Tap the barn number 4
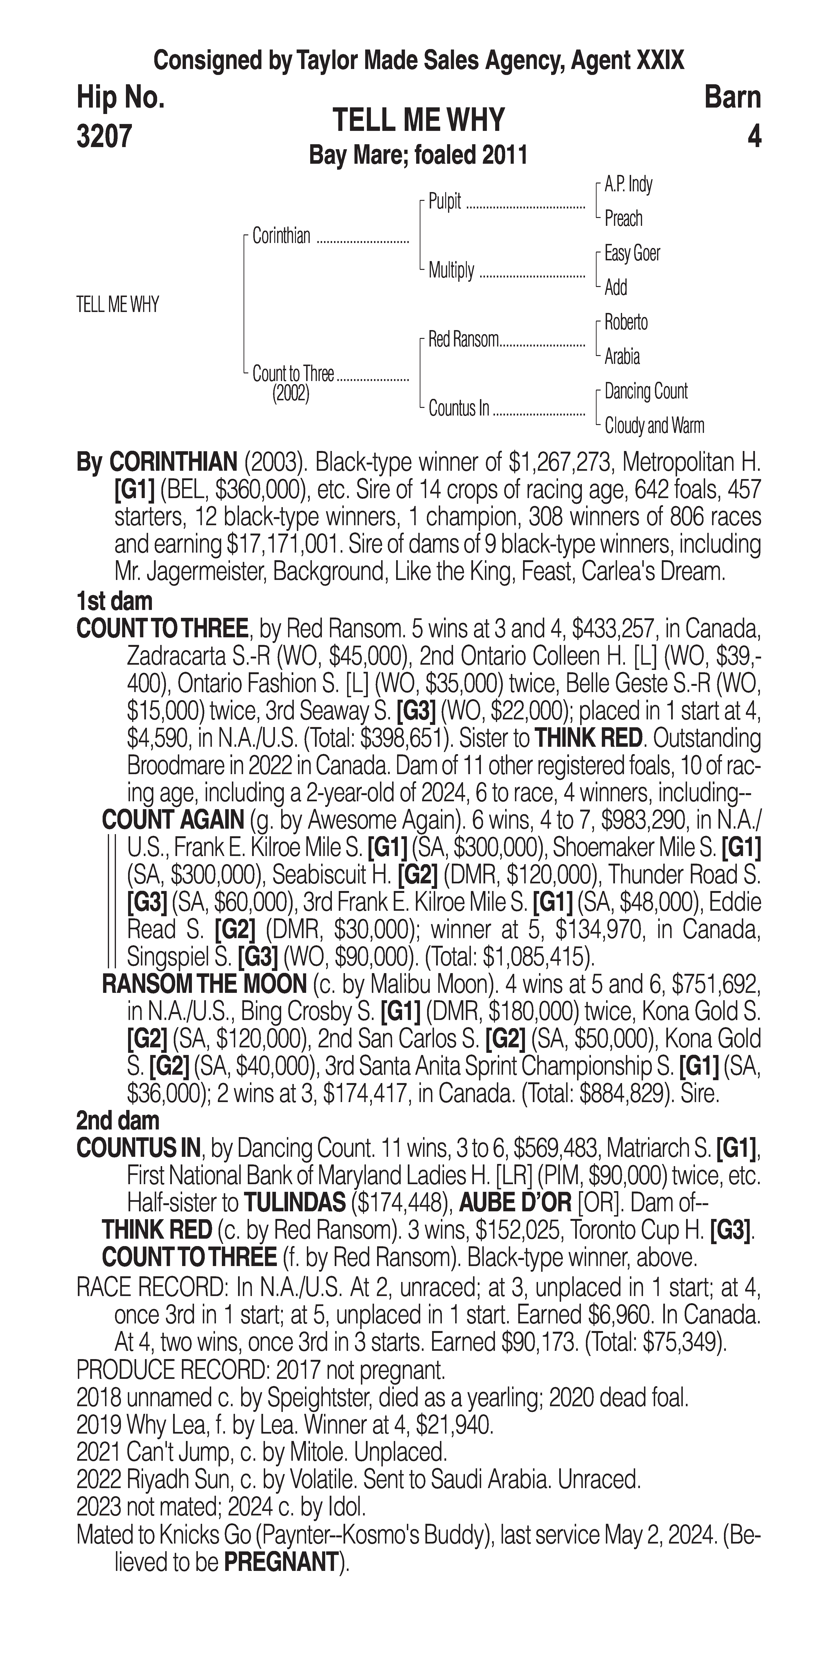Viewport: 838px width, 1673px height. click(753, 136)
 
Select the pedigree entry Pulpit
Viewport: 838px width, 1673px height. click(445, 201)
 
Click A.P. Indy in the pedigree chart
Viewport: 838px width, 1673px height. click(628, 184)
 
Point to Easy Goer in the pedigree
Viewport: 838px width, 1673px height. click(632, 253)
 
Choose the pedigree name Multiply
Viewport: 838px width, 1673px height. click(451, 270)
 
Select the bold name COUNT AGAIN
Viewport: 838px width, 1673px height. click(173, 820)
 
